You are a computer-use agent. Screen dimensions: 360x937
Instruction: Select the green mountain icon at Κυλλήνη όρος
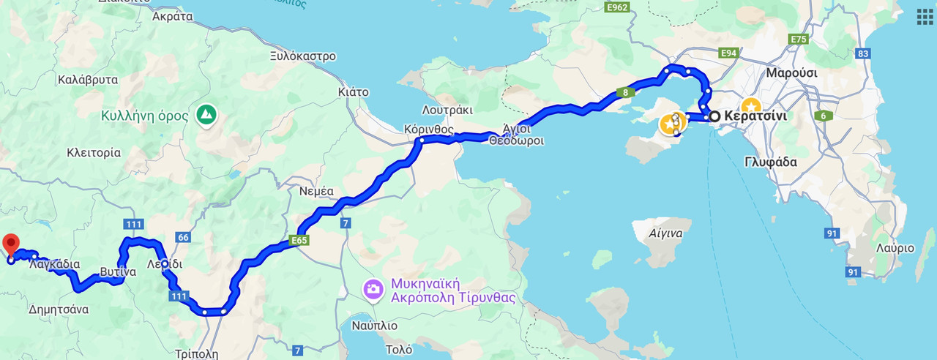click(x=206, y=114)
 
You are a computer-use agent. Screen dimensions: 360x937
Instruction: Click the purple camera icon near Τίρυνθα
click(x=373, y=289)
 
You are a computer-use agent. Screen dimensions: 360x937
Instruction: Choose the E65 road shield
click(x=299, y=239)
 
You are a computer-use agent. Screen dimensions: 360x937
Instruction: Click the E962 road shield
click(x=618, y=8)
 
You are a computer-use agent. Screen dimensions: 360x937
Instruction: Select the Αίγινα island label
click(x=665, y=234)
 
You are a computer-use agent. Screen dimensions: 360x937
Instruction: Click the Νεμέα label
click(x=317, y=192)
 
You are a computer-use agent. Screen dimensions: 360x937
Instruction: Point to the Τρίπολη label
click(x=197, y=353)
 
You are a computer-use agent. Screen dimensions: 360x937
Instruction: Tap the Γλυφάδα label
click(x=770, y=162)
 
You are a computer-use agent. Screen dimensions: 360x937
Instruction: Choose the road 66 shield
click(x=183, y=237)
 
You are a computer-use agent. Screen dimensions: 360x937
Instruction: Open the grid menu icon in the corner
click(x=925, y=17)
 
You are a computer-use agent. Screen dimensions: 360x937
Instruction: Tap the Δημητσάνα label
click(x=59, y=310)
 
